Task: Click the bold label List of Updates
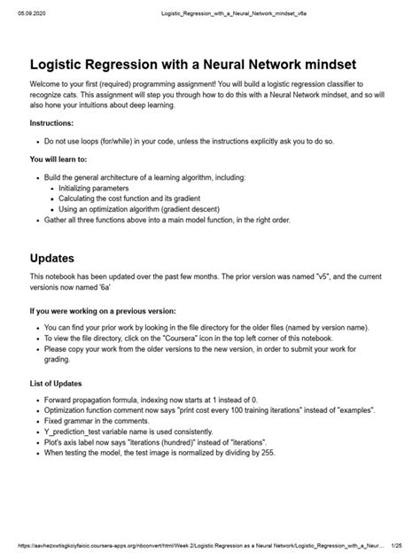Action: [x=58, y=384]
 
